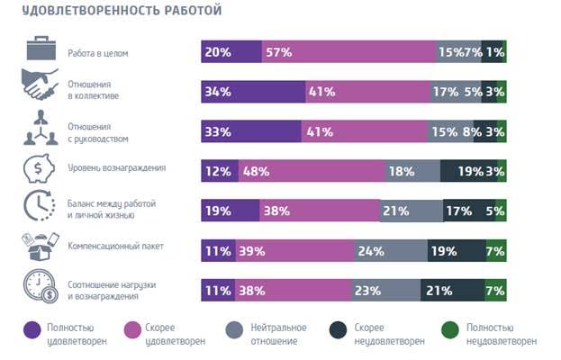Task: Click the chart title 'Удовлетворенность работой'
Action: coord(122,12)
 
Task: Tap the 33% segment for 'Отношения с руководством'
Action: coord(250,131)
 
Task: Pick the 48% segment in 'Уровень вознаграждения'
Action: coord(312,171)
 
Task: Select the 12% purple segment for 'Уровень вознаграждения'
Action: coord(220,171)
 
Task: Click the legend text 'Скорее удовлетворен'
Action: coord(172,334)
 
